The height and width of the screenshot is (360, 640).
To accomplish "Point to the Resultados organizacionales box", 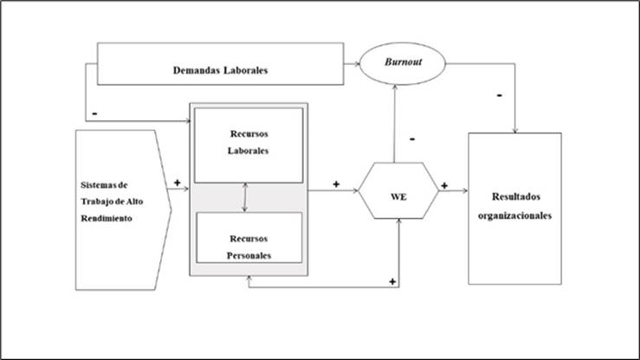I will click(x=514, y=208).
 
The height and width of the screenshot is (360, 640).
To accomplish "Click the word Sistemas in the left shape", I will click(x=93, y=185).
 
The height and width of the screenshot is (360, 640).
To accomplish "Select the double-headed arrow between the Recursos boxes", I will click(x=246, y=197).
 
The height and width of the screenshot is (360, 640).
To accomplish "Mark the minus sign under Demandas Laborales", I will click(x=93, y=112).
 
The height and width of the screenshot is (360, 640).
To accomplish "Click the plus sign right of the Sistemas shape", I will click(x=178, y=183).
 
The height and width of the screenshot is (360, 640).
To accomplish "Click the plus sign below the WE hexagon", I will click(x=393, y=281).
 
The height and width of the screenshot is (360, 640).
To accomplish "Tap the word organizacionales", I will click(x=514, y=215).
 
